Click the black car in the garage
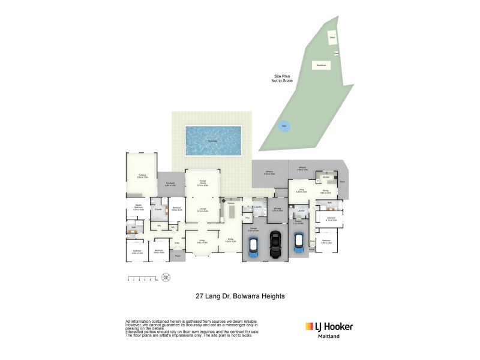point(276,245)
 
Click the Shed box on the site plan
point(332,38)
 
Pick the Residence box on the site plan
point(321,65)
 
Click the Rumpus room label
point(142,176)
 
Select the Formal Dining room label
point(203,184)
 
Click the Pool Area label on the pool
point(213,141)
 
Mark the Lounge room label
point(203,210)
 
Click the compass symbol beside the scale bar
point(166,277)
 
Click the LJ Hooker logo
point(329,326)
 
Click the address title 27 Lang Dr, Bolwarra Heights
point(240,296)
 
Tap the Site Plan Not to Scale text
point(282,79)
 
